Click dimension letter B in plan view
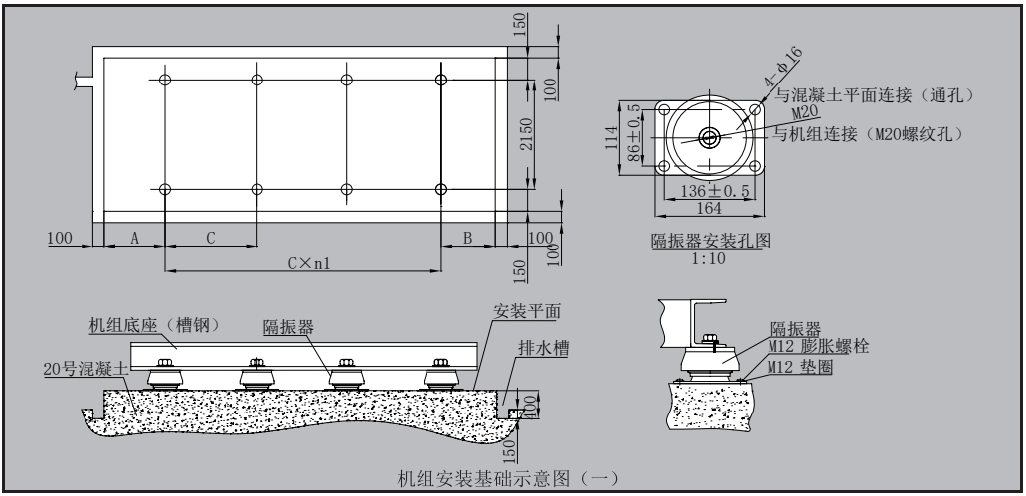pos(467,238)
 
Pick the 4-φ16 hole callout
pos(782,67)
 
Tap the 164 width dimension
pos(708,208)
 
